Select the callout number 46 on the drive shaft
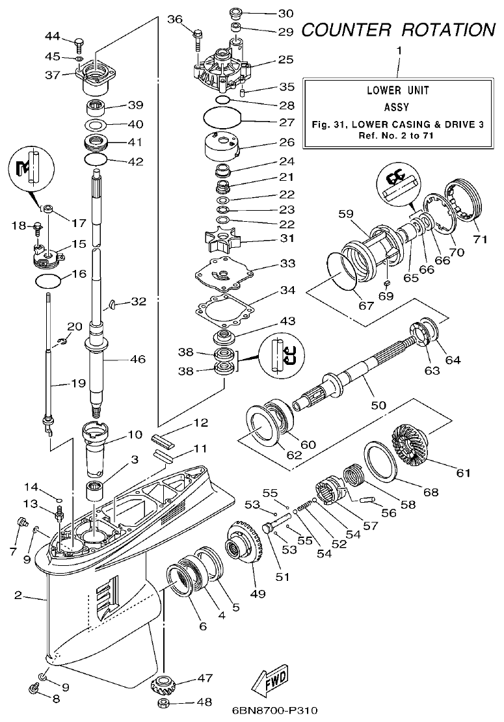point(137,359)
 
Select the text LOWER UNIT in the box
point(398,91)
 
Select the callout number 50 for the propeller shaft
point(378,405)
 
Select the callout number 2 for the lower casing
point(19,595)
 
